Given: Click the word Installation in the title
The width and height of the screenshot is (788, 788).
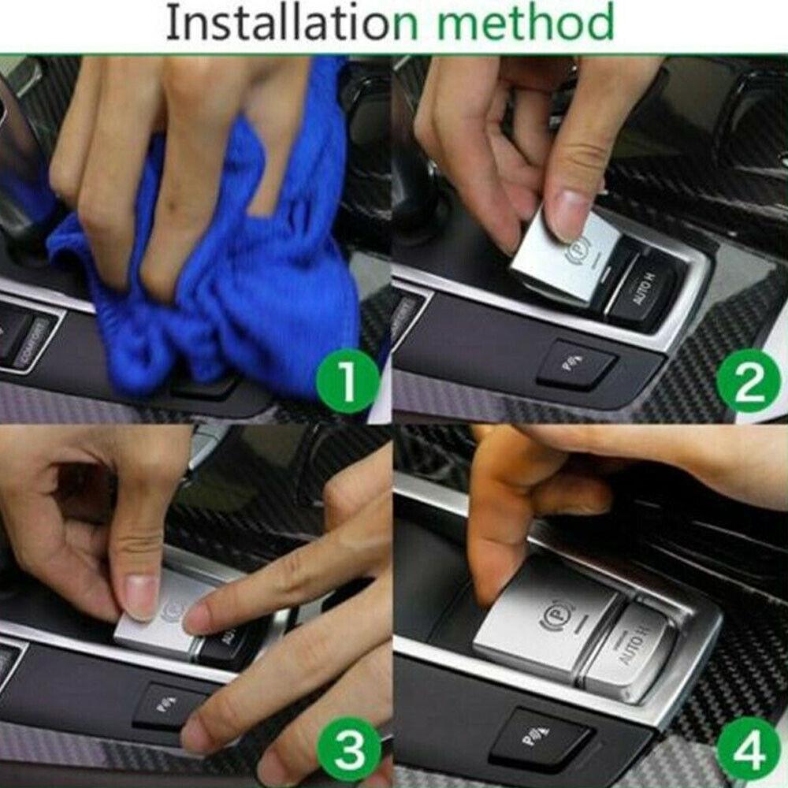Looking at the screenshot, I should (276, 24).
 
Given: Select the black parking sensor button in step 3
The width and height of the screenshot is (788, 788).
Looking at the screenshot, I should (169, 704).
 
